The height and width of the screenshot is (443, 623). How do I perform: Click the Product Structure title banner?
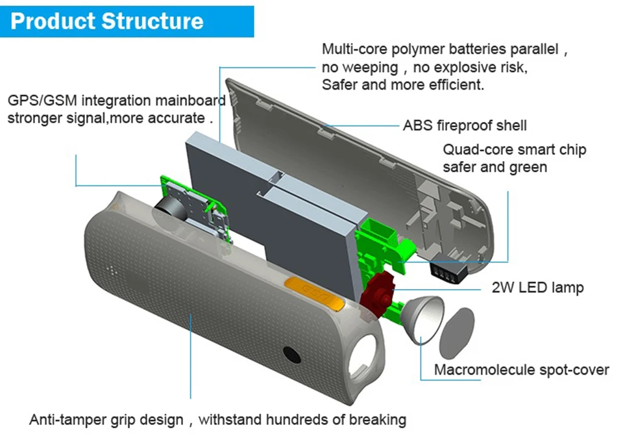[127, 21]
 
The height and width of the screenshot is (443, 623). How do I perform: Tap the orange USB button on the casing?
[314, 293]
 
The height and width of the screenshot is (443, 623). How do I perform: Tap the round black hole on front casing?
[292, 354]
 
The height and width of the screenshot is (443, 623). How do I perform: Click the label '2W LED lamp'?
[537, 287]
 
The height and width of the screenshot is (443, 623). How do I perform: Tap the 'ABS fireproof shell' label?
[465, 125]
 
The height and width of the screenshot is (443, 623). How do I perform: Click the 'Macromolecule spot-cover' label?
[521, 370]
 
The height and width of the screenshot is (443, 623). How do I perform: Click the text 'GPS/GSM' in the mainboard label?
[42, 100]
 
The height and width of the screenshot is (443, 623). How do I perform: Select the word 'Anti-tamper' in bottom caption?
[66, 420]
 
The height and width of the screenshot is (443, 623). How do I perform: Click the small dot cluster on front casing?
[112, 271]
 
